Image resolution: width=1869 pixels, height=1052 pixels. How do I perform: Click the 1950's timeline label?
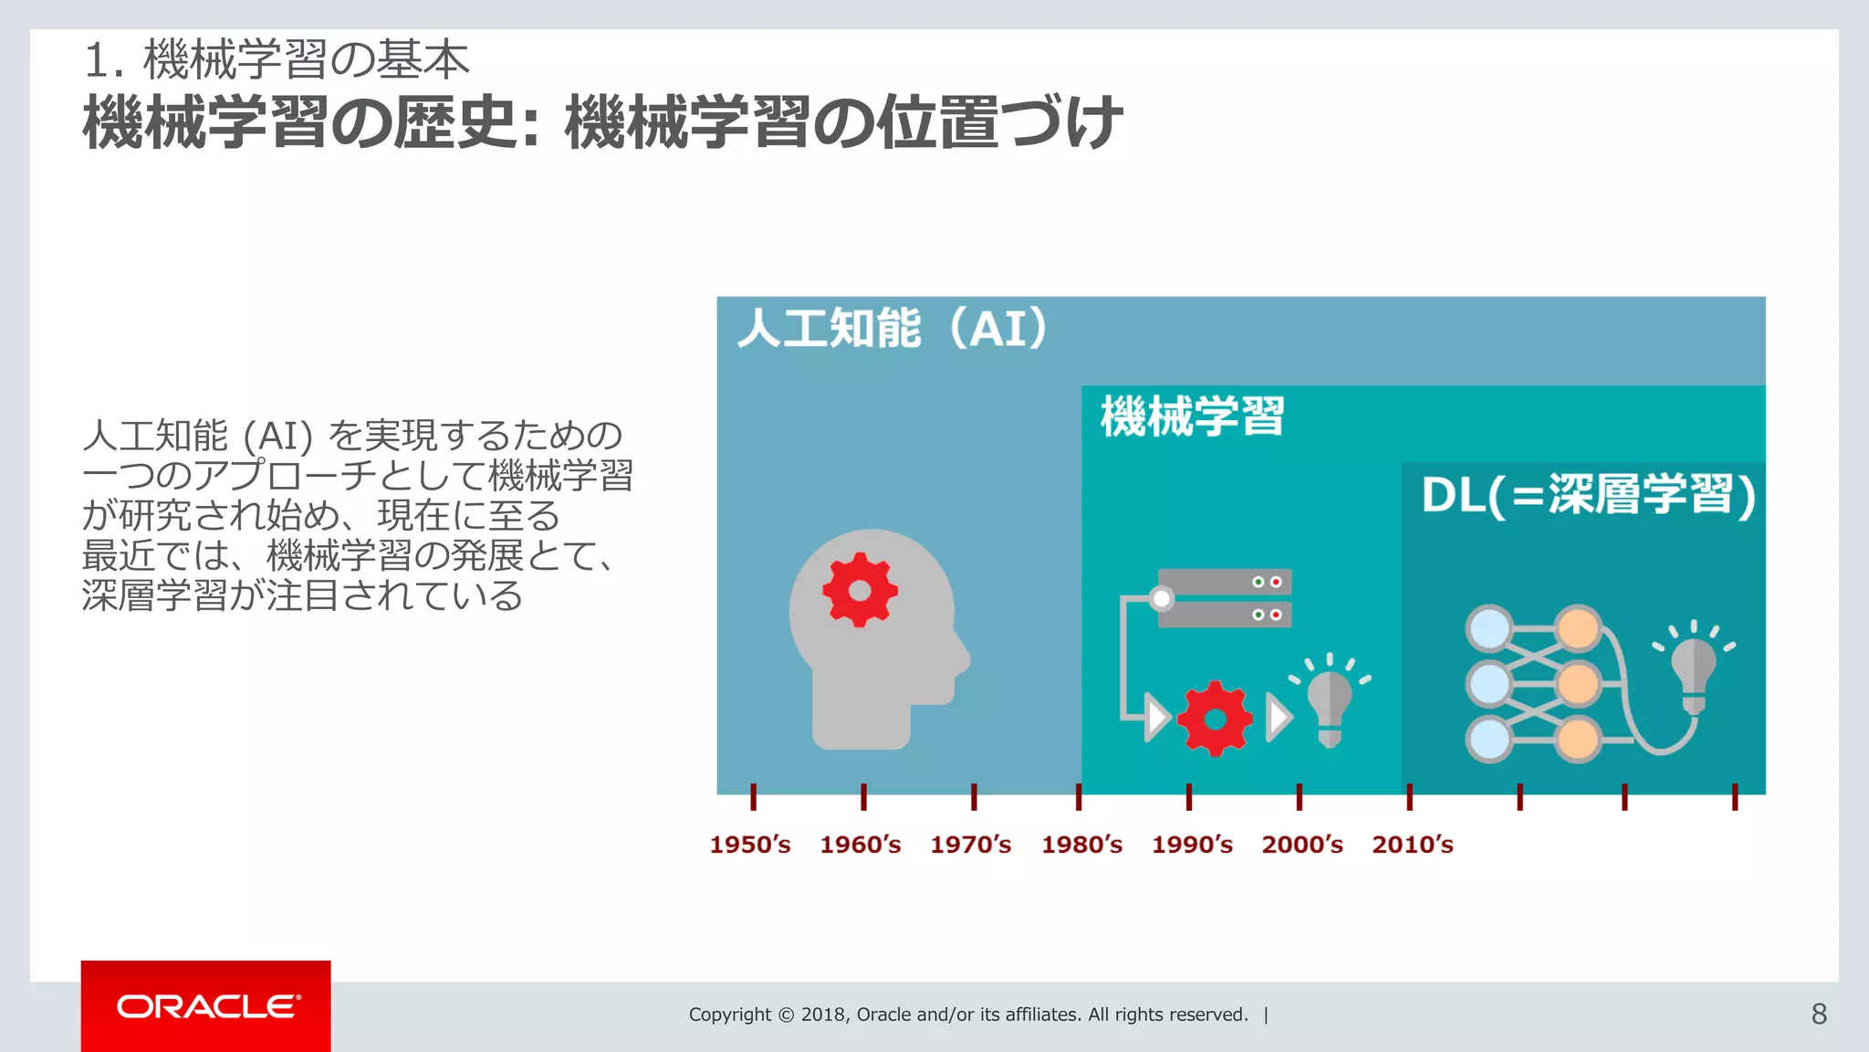[x=750, y=845]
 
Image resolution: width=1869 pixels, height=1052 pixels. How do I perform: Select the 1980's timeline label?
[x=1081, y=845]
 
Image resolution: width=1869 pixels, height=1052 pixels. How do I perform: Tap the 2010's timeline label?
[x=1412, y=845]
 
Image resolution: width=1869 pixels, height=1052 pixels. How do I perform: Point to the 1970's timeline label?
[x=970, y=845]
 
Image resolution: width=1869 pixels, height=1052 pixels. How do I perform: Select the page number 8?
[x=1819, y=1014]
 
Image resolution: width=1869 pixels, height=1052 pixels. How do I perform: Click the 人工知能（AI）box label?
[x=893, y=329]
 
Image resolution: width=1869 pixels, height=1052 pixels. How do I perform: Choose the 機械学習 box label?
[x=1192, y=416]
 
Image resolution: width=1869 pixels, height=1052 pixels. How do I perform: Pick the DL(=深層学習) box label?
[x=1588, y=495]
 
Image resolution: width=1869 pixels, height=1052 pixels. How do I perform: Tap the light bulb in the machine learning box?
[x=1330, y=703]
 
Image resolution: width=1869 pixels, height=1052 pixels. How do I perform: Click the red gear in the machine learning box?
[x=1215, y=719]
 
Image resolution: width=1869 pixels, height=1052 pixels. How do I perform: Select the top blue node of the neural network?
[x=1489, y=629]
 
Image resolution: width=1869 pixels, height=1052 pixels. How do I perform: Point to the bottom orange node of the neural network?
[x=1578, y=739]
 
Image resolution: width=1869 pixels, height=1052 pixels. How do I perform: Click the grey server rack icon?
[x=1224, y=598]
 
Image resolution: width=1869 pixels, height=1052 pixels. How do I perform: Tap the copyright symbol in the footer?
[x=786, y=1015]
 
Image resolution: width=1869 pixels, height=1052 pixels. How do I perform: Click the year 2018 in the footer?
[x=825, y=1015]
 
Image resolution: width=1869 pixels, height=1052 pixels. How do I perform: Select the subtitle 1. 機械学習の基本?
[x=277, y=60]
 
